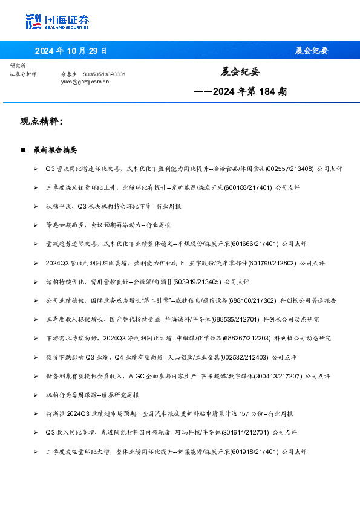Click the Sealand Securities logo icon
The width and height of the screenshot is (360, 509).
pyautogui.click(x=33, y=21)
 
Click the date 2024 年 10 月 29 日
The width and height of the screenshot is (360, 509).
pyautogui.click(x=71, y=50)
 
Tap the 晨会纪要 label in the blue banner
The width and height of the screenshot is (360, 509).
pyautogui.click(x=312, y=50)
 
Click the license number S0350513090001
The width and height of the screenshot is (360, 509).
pyautogui.click(x=104, y=74)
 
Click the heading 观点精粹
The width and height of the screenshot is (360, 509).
pyautogui.click(x=41, y=122)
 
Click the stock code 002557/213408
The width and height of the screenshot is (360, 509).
pyautogui.click(x=287, y=169)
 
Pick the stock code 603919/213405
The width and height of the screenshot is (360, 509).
pyautogui.click(x=197, y=281)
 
